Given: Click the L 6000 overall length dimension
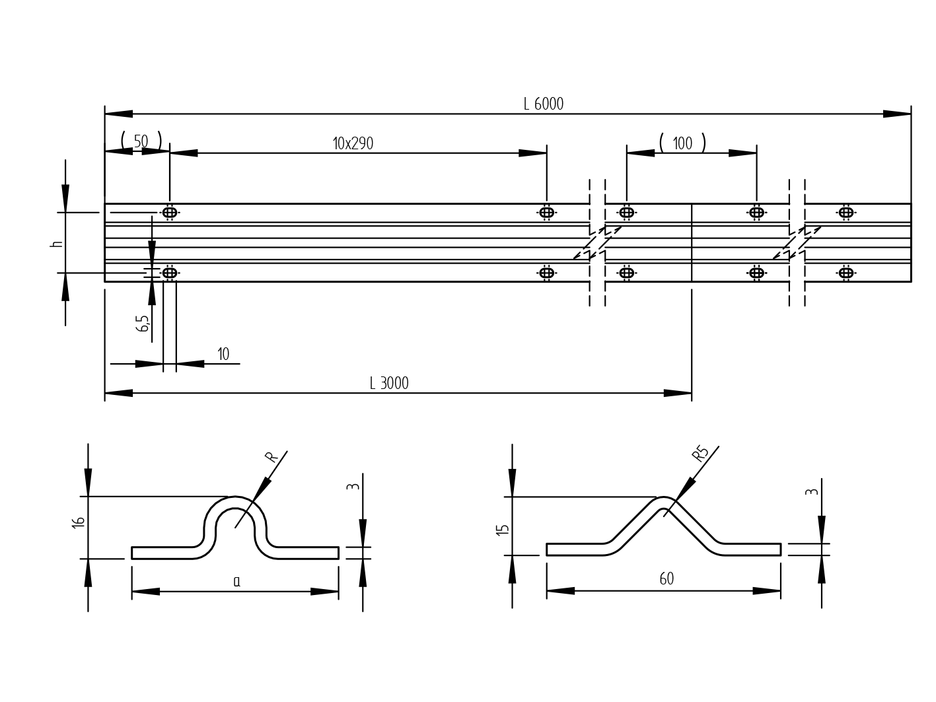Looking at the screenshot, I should tap(543, 104).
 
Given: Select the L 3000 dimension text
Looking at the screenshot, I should tap(389, 384).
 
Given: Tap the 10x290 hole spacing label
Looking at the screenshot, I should tap(353, 144).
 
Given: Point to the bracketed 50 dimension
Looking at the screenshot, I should tap(141, 141).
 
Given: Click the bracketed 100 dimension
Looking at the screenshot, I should tap(682, 143).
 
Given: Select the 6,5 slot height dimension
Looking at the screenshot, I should tap(143, 323).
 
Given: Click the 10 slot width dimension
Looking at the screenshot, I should tap(223, 355).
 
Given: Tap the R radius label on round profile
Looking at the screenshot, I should tap(271, 457).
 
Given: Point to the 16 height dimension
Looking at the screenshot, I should tap(79, 522).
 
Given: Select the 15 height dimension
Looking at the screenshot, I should tap(503, 529).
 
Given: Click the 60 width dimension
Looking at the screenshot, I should tap(666, 579).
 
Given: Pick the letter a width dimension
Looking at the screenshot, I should tap(236, 582).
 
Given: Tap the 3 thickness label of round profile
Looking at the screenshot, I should tap(353, 487).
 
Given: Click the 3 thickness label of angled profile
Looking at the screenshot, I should tap(812, 492).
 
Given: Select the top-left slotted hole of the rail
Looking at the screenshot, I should tap(170, 212).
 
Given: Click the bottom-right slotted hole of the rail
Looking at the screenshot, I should tap(846, 273).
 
